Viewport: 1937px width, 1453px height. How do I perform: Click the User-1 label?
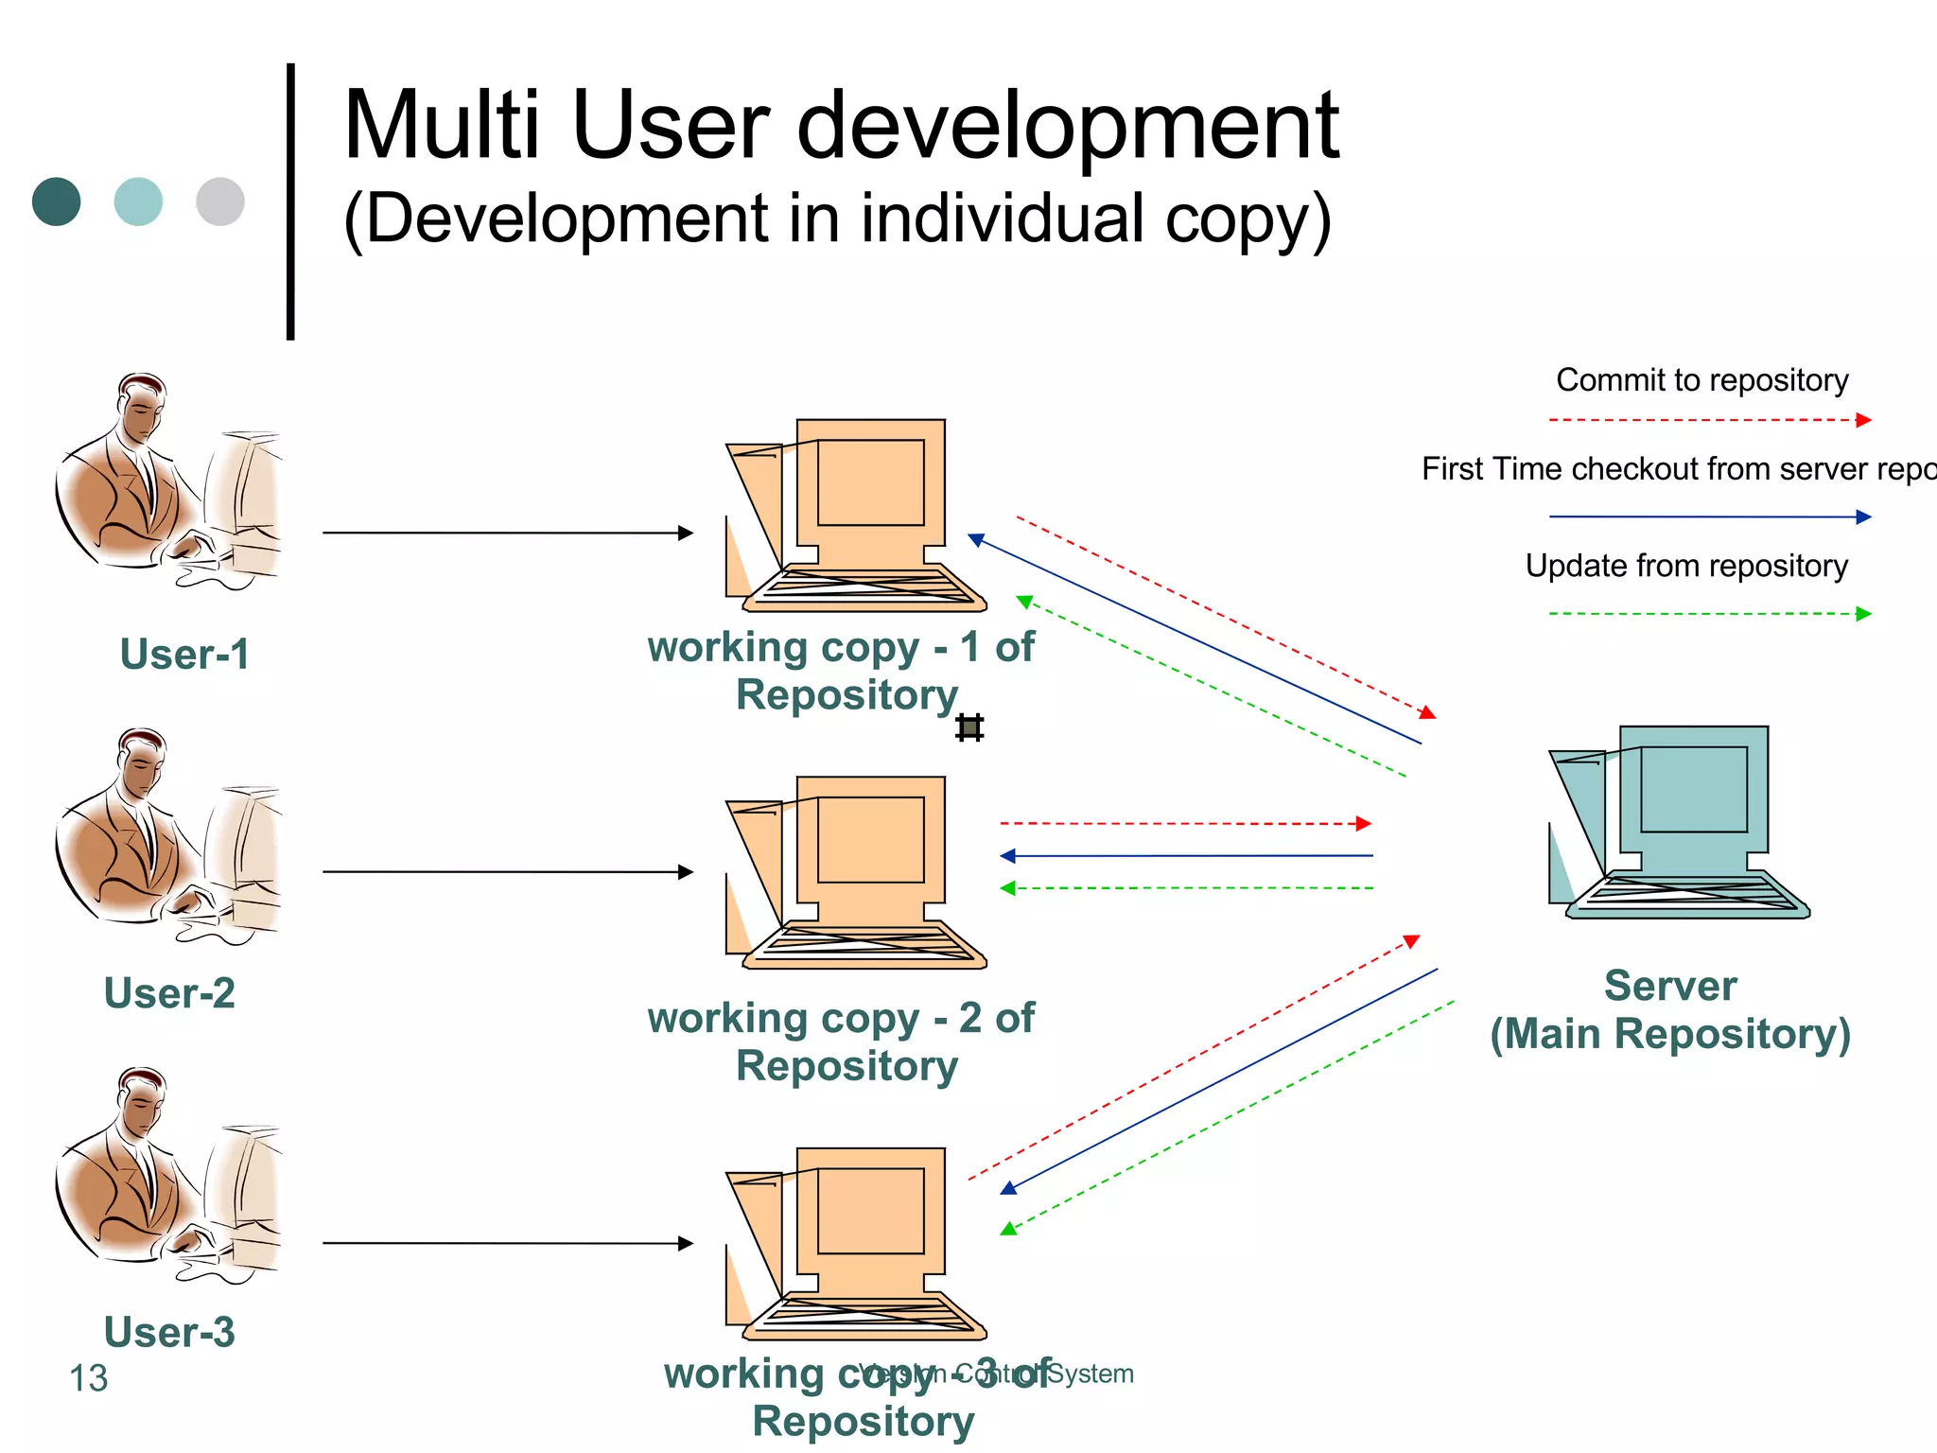pyautogui.click(x=184, y=655)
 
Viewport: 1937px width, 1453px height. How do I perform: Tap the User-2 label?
pyautogui.click(x=169, y=993)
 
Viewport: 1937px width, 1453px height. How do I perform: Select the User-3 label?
pyautogui.click(x=169, y=1332)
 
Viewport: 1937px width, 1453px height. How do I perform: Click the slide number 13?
pyautogui.click(x=89, y=1378)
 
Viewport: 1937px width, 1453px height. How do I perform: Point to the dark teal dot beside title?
pyautogui.click(x=57, y=201)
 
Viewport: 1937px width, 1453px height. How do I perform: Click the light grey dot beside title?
pyautogui.click(x=220, y=201)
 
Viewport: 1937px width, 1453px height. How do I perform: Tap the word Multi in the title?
pyautogui.click(x=441, y=126)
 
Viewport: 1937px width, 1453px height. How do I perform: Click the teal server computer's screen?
pyautogui.click(x=1693, y=789)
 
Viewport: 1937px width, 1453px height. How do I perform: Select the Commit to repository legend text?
pyautogui.click(x=1701, y=380)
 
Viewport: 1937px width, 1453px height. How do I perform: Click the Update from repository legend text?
pyautogui.click(x=1686, y=566)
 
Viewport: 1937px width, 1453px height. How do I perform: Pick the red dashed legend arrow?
pyautogui.click(x=1710, y=420)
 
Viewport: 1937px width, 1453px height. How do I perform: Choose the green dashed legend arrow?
pyautogui.click(x=1710, y=614)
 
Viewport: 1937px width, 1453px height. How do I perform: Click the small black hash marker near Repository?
pyautogui.click(x=969, y=727)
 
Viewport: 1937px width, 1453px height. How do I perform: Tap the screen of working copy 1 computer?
pyautogui.click(x=870, y=482)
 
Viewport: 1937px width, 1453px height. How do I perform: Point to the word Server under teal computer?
pyautogui.click(x=1670, y=986)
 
